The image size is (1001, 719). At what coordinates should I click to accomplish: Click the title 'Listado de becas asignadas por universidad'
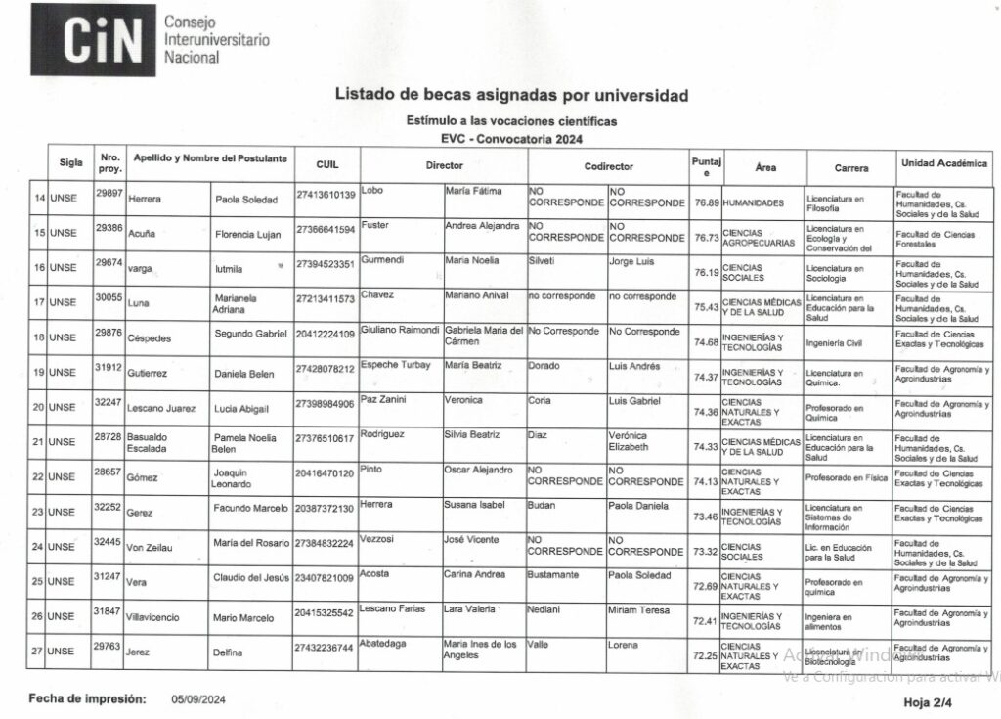(511, 96)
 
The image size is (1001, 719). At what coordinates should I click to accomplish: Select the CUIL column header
(327, 165)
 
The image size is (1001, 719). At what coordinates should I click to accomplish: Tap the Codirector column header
(608, 166)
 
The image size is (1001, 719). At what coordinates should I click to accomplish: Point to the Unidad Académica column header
(944, 163)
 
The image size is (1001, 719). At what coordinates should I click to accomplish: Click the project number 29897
(109, 192)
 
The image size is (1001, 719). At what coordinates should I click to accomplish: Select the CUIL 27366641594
(326, 230)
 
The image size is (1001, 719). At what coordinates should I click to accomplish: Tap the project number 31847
(109, 609)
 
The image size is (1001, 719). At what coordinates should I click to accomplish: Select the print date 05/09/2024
(198, 699)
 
